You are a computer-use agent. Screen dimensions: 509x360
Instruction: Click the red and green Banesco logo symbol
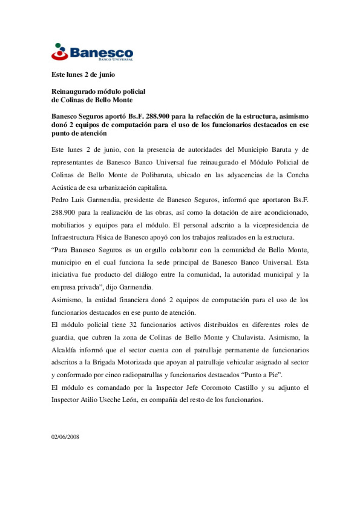60,52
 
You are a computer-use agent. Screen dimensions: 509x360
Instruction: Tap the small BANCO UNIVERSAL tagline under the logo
116,59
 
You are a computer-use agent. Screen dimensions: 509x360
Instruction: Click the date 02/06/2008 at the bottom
65,437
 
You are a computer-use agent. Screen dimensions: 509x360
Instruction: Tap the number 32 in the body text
133,325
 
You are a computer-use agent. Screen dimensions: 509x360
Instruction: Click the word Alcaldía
63,350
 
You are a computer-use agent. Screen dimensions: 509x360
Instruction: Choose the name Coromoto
216,388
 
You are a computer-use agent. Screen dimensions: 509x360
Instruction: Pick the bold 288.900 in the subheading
157,116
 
